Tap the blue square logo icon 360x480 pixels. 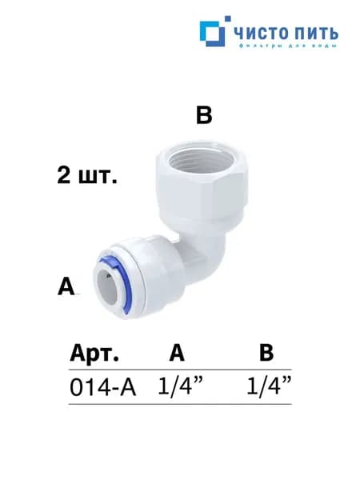[213, 34]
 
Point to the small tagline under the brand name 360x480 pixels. [288, 46]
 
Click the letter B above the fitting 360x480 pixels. [204, 116]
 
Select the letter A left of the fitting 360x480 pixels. [66, 286]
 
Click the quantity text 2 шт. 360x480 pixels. [87, 176]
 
